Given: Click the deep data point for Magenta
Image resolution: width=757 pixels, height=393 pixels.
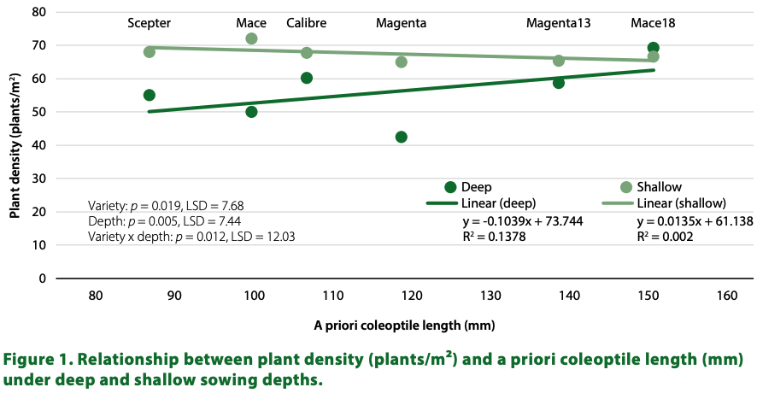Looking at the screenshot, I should pyautogui.click(x=401, y=137).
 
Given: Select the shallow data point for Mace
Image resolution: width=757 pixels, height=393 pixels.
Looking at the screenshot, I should pyautogui.click(x=251, y=38).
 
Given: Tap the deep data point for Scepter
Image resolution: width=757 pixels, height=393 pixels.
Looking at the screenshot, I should pyautogui.click(x=150, y=95).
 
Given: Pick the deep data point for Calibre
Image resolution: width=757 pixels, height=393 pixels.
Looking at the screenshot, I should pyautogui.click(x=307, y=78).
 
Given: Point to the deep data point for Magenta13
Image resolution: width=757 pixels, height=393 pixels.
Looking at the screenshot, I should pyautogui.click(x=559, y=83).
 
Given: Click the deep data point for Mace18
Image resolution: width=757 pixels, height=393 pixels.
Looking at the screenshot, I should pyautogui.click(x=653, y=48).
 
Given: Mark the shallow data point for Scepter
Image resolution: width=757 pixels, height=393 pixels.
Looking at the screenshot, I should pyautogui.click(x=150, y=52).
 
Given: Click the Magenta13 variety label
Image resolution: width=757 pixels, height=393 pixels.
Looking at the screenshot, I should pyautogui.click(x=558, y=21).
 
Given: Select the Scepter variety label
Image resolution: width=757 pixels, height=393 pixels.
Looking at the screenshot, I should pyautogui.click(x=150, y=21).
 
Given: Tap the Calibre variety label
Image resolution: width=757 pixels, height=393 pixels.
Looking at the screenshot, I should pyautogui.click(x=306, y=21).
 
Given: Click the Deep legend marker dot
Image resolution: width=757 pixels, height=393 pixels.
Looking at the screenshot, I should pyautogui.click(x=450, y=187).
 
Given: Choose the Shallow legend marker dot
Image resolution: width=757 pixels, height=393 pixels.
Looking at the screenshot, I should pyautogui.click(x=626, y=187).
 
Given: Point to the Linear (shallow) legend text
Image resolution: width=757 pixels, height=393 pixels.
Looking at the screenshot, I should pyautogui.click(x=680, y=203).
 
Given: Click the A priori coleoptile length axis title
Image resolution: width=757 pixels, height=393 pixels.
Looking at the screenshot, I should pyautogui.click(x=404, y=326).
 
